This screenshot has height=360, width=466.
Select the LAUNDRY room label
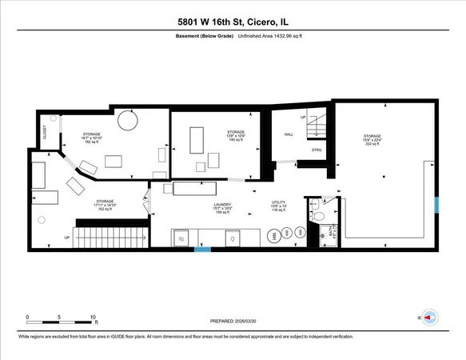pos(221,208)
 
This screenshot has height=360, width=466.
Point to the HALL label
pos(289,135)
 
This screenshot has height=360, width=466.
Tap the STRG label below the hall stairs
pos(317,150)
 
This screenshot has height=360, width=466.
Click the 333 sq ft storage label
pos(372,140)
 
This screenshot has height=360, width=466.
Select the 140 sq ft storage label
pos(235,135)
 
